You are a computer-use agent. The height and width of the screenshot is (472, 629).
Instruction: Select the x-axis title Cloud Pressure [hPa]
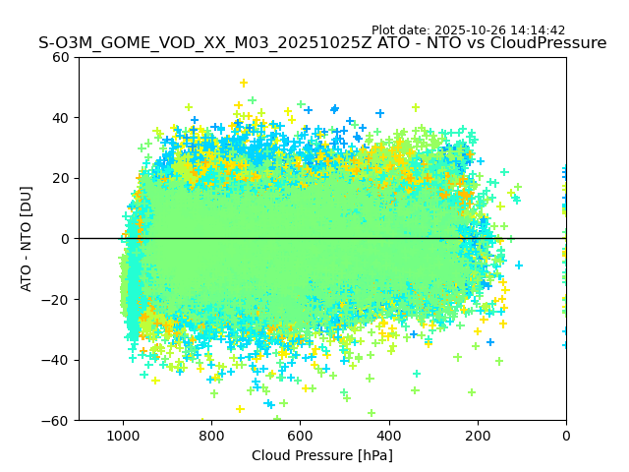[322, 455]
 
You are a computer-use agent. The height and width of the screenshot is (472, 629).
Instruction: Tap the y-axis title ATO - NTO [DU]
[27, 239]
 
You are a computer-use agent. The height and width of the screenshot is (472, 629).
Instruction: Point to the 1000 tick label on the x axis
[123, 435]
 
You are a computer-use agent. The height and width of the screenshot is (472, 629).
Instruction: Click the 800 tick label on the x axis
[211, 435]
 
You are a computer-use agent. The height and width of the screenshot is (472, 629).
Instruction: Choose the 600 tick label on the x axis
[300, 435]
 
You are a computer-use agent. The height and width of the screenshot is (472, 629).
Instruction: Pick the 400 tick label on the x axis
[389, 435]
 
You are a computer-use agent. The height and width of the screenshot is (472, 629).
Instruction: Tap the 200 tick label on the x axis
[478, 435]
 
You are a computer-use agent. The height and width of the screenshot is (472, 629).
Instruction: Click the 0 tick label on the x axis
[566, 435]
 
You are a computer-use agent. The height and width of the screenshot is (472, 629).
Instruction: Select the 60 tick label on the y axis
[61, 57]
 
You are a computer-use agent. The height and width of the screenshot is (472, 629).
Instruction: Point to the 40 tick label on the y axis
[61, 118]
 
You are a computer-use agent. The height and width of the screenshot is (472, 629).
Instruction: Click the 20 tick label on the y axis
[61, 178]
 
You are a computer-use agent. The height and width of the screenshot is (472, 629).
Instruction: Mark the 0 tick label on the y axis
[65, 239]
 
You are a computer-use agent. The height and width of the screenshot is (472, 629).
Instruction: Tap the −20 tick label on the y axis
[57, 299]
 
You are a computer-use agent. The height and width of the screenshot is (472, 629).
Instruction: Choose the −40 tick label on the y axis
[57, 360]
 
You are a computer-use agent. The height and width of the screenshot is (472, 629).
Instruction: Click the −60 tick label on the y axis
[57, 420]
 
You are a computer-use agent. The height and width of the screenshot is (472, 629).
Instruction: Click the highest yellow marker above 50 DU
[244, 84]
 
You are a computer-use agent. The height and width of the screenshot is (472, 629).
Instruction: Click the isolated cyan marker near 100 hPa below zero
[519, 265]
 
